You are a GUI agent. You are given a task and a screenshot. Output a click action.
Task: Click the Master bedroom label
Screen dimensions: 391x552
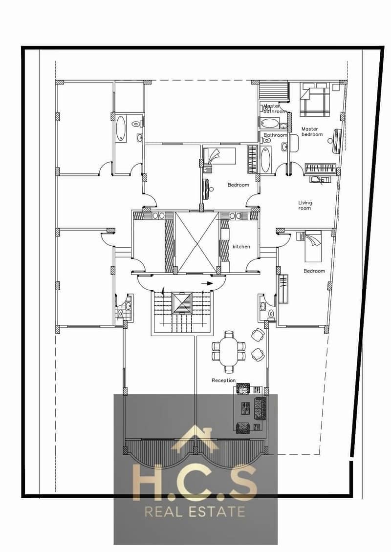click(312, 132)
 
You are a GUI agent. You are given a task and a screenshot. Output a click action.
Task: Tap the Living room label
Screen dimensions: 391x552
click(305, 205)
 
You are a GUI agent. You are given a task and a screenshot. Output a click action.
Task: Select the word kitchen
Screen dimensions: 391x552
click(241, 246)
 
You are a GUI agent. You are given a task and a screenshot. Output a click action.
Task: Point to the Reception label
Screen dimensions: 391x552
click(224, 380)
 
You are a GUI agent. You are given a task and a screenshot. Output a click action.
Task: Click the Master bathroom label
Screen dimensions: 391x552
click(275, 108)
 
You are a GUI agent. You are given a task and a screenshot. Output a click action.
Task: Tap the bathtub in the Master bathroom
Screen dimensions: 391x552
click(270, 124)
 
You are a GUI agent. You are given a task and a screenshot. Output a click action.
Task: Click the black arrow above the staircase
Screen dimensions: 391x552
click(209, 283)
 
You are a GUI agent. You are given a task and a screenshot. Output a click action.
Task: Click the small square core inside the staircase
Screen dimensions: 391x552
click(182, 303)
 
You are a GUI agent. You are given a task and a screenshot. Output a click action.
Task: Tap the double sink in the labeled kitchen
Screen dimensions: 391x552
click(236, 215)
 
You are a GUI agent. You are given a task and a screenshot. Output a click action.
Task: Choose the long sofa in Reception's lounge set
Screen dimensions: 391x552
click(260, 408)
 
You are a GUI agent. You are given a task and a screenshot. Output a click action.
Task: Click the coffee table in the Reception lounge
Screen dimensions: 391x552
click(245, 408)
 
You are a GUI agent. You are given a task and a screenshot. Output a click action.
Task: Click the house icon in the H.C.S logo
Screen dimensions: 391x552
click(195, 438)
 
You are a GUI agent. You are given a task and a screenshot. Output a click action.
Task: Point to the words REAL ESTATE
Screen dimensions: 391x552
click(195, 512)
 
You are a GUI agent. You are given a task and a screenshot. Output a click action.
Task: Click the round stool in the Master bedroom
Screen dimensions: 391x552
click(330, 141)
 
